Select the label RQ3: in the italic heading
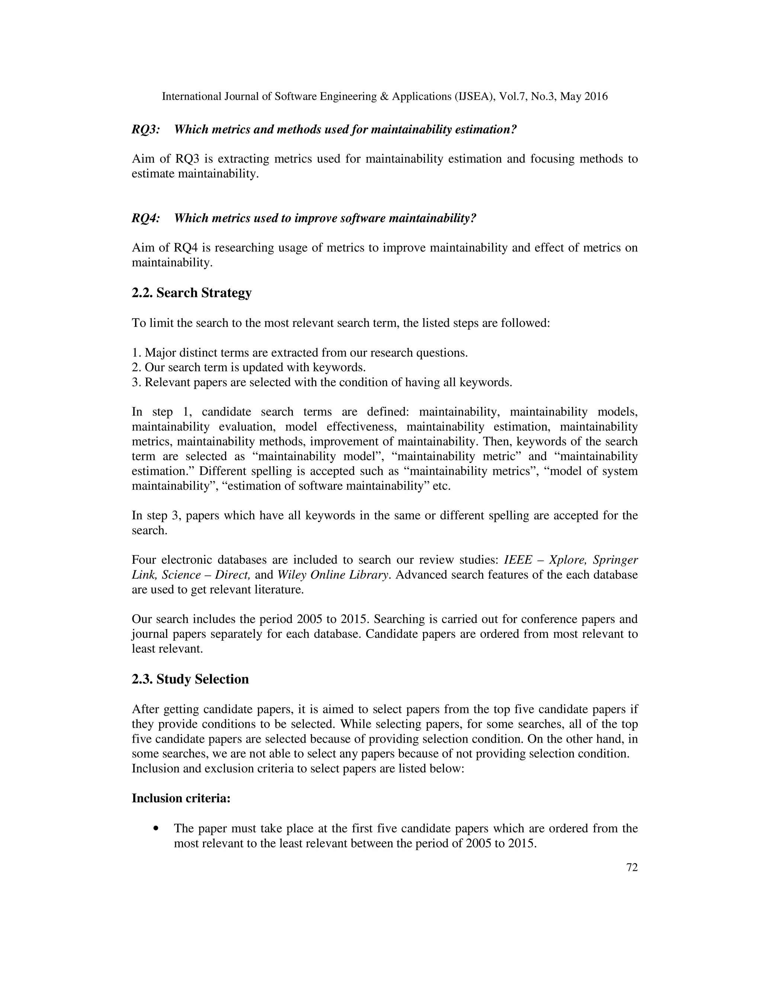[145, 129]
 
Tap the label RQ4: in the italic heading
[145, 218]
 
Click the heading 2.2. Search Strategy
[191, 293]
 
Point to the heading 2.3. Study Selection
[190, 679]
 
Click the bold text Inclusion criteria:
[181, 798]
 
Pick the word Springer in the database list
[615, 560]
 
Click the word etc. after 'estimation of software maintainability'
[442, 486]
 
